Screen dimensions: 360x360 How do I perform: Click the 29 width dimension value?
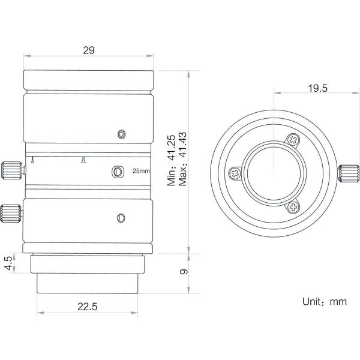click(x=89, y=50)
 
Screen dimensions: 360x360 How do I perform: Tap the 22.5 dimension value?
click(x=87, y=307)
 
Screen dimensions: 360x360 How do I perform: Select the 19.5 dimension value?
click(x=317, y=88)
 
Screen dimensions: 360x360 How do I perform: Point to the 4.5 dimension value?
click(x=8, y=263)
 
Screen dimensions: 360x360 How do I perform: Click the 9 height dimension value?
click(x=184, y=272)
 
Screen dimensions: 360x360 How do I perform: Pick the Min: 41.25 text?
click(x=171, y=160)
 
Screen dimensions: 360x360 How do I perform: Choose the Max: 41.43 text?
click(x=183, y=159)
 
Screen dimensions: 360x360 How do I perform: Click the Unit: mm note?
click(x=325, y=302)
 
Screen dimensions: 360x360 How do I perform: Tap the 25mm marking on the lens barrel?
click(x=141, y=171)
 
